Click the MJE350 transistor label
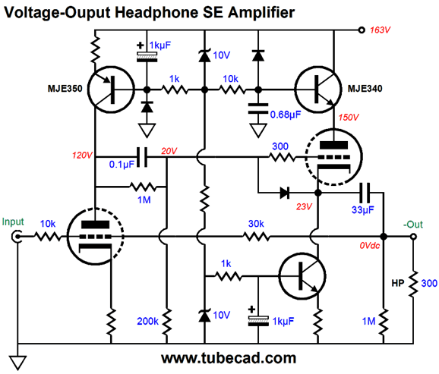[65, 89]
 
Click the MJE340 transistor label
[365, 89]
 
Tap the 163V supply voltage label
[380, 30]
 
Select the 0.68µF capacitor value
[286, 115]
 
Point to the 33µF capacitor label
[363, 210]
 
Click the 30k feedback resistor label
[256, 224]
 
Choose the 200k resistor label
[147, 321]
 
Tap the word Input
[13, 222]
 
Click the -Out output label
[413, 225]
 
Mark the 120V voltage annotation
[82, 156]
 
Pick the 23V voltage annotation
[304, 206]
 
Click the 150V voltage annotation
[349, 118]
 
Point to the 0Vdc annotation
[370, 246]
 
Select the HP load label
[397, 284]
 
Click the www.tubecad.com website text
[229, 358]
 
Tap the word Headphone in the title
[156, 12]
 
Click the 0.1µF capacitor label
[122, 165]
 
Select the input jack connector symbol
[17, 237]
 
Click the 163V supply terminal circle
[362, 30]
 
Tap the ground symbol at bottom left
[18, 363]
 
